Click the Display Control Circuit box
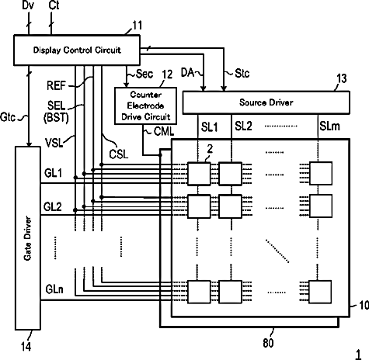(x=77, y=50)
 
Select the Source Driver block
(x=266, y=102)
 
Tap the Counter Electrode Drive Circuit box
(x=146, y=106)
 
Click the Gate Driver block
(x=28, y=238)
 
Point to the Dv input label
(x=28, y=5)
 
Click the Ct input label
(x=54, y=5)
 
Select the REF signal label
(x=56, y=85)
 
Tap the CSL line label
(x=119, y=154)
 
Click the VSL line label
(x=54, y=143)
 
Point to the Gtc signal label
(x=8, y=117)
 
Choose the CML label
(x=164, y=131)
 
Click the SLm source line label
(x=329, y=126)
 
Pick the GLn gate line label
(x=54, y=289)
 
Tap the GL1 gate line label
(x=53, y=173)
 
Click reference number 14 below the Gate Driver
(x=26, y=346)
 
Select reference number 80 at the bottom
(x=268, y=343)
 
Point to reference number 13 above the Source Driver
(x=342, y=78)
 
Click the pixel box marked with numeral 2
(x=199, y=174)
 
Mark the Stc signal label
(x=242, y=74)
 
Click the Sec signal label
(x=144, y=74)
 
